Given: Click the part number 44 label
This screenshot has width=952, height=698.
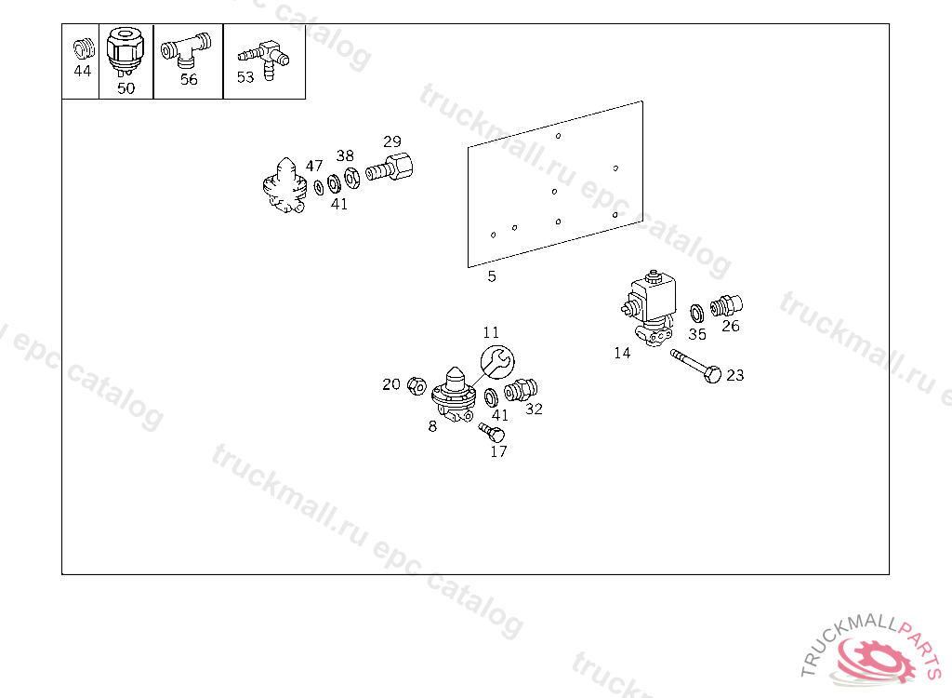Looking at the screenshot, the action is [x=82, y=71].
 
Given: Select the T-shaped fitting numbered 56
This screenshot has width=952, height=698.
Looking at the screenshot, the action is [x=186, y=49].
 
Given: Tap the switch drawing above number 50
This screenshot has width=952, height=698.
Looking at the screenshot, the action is [x=126, y=52].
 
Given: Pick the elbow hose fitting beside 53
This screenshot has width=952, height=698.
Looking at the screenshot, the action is [x=266, y=60].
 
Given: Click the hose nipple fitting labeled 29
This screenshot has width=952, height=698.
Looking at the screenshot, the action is [x=390, y=168].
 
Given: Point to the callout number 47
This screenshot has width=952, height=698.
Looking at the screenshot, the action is [x=314, y=166].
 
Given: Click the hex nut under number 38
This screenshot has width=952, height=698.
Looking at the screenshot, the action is [x=351, y=178].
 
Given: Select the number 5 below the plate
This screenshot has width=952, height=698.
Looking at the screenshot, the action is [x=492, y=276].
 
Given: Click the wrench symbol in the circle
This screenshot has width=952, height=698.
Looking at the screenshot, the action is [x=497, y=362].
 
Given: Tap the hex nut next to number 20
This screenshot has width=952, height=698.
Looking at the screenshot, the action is [x=416, y=385].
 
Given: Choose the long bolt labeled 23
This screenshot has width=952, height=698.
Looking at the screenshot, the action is [x=695, y=366].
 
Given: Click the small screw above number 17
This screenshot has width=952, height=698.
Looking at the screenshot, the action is [x=491, y=432].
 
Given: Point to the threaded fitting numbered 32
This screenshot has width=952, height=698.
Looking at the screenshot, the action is [x=521, y=389].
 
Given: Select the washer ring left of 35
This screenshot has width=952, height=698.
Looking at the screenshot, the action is [x=697, y=313].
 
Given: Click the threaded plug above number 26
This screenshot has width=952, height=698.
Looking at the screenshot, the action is [x=727, y=305].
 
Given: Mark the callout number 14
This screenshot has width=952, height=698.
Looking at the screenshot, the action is [x=622, y=354].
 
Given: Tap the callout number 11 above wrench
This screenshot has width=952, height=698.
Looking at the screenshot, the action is [x=491, y=332].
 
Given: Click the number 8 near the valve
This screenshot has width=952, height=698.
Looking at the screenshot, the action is [x=432, y=426].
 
